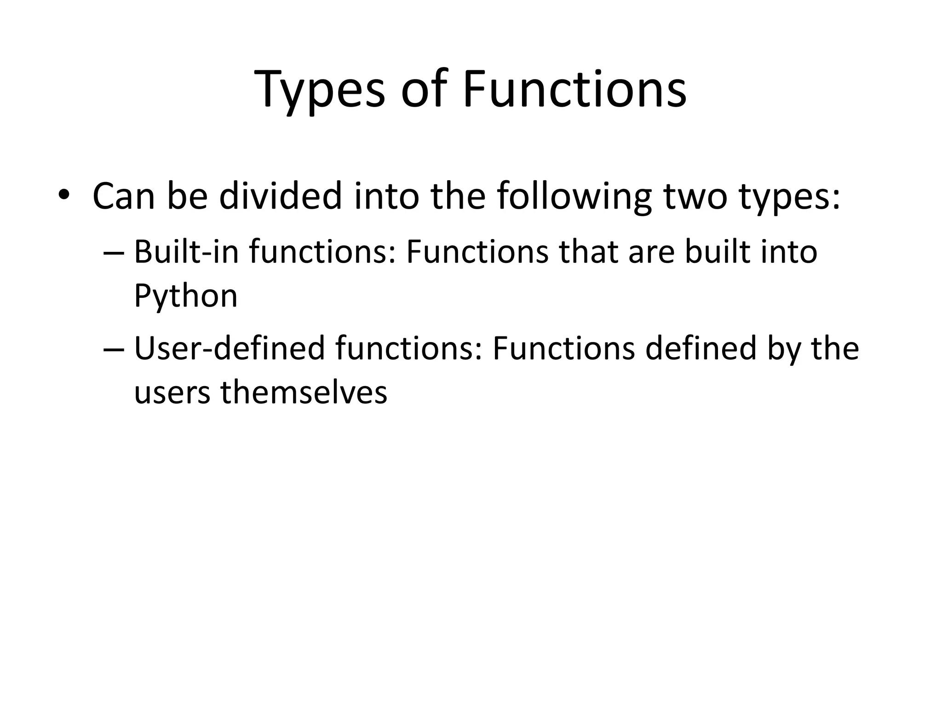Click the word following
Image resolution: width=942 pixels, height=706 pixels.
574,197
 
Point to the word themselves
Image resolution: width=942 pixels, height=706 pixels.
304,393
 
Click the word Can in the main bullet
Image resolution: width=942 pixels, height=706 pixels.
123,197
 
